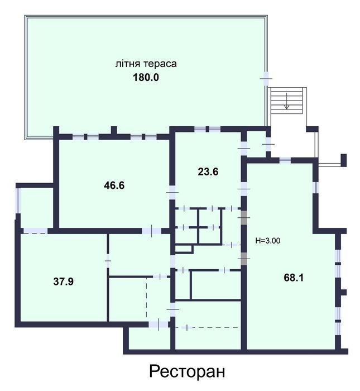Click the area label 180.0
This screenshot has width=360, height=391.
[x=146, y=77]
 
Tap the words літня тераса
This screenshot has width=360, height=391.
[x=146, y=64]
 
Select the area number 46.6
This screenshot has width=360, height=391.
[x=114, y=185]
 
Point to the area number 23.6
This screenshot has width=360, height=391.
[x=208, y=171]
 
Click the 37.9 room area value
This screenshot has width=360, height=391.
[x=64, y=282]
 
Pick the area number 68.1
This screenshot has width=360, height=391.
[x=294, y=278]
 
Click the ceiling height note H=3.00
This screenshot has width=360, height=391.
[x=268, y=241]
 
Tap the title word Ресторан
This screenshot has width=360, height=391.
[x=187, y=371]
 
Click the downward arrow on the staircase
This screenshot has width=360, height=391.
[x=287, y=101]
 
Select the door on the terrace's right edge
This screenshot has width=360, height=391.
[x=266, y=79]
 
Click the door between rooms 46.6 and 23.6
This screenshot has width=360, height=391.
[x=172, y=193]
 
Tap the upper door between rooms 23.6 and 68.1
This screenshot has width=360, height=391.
[x=244, y=189]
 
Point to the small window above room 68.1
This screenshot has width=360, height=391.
[x=285, y=160]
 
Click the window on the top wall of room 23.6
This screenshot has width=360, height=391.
[x=207, y=129]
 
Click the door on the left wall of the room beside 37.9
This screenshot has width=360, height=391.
[x=108, y=261]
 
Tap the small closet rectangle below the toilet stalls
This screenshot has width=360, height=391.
[x=184, y=249]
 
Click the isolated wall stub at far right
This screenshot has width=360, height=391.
[x=344, y=160]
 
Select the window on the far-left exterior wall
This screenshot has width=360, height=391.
[x=18, y=201]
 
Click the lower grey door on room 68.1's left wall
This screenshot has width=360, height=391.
[x=244, y=259]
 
